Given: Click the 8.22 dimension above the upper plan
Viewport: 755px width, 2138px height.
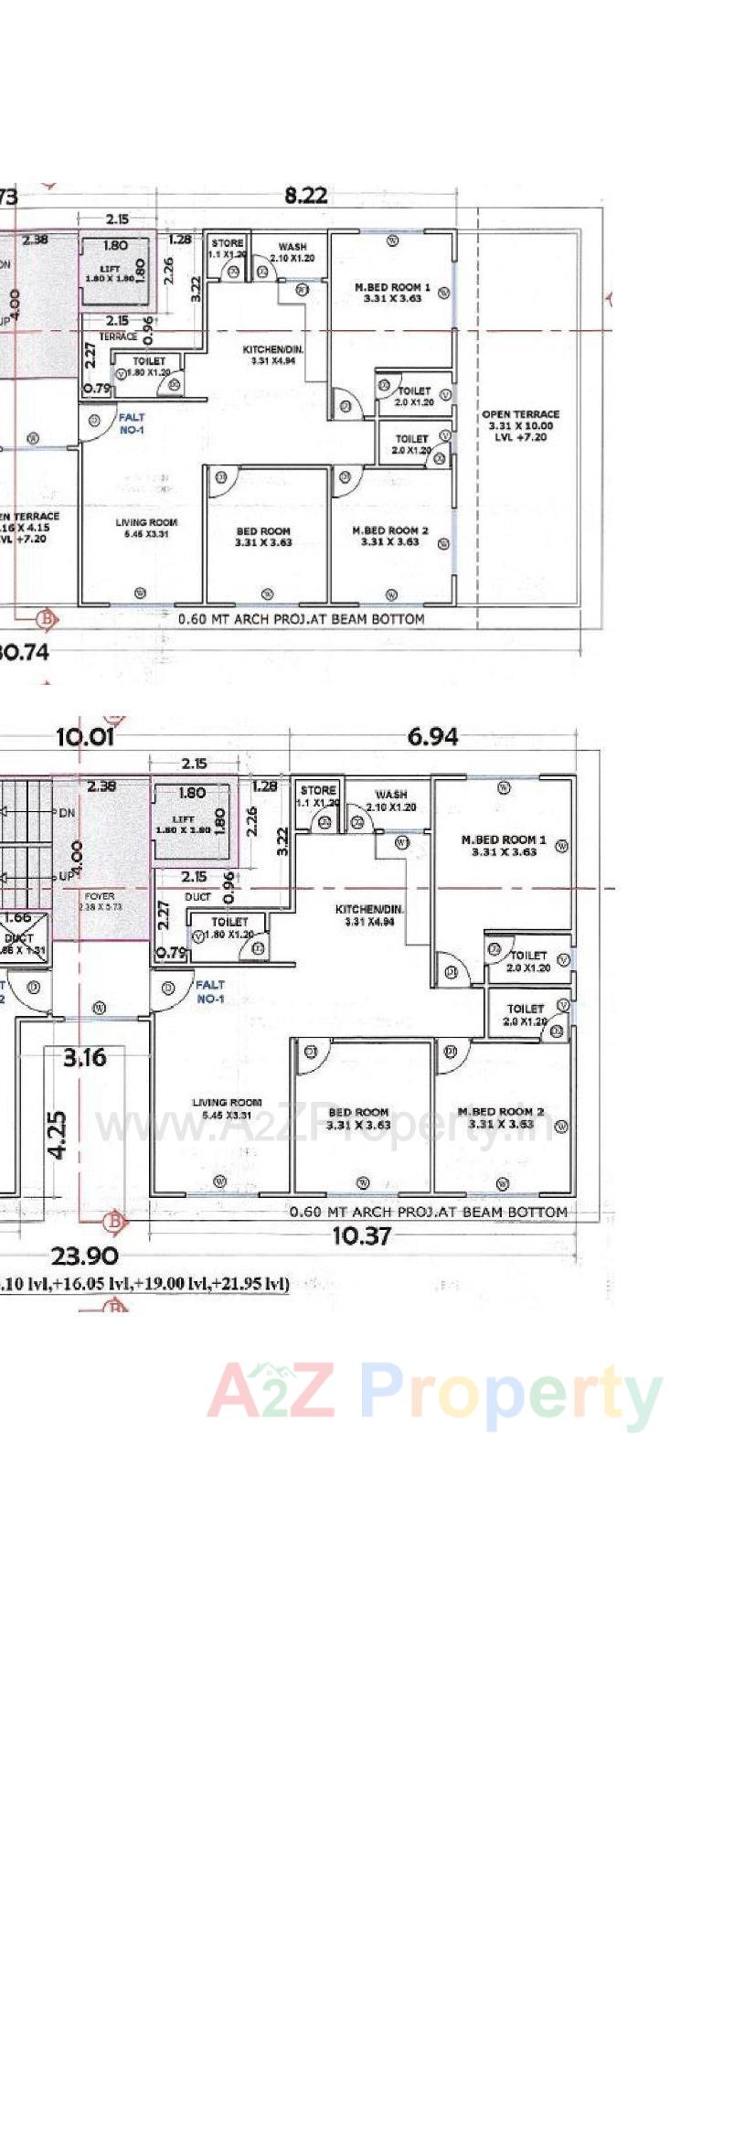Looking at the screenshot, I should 305,196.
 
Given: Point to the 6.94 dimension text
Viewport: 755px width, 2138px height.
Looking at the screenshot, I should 432,736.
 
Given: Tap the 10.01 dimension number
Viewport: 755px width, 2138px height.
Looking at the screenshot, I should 85,736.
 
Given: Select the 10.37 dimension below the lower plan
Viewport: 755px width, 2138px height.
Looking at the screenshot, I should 361,1236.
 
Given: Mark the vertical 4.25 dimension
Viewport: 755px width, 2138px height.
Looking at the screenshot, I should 57,1135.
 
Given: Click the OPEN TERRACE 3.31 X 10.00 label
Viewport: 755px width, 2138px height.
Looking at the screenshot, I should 520,425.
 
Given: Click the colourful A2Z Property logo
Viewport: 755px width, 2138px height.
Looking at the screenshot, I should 434,1395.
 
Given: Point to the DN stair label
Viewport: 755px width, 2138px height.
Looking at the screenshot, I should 67,812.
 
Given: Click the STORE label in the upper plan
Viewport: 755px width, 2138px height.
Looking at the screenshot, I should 227,243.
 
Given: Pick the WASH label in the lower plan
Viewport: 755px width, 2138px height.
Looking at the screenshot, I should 390,795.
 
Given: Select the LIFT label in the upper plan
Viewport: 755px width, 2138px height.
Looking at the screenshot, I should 110,270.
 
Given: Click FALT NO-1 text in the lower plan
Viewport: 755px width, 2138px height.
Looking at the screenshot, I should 210,991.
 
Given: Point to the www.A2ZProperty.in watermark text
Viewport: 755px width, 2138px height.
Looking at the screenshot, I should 324,1127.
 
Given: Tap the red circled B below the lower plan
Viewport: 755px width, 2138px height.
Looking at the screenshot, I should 114,1221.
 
